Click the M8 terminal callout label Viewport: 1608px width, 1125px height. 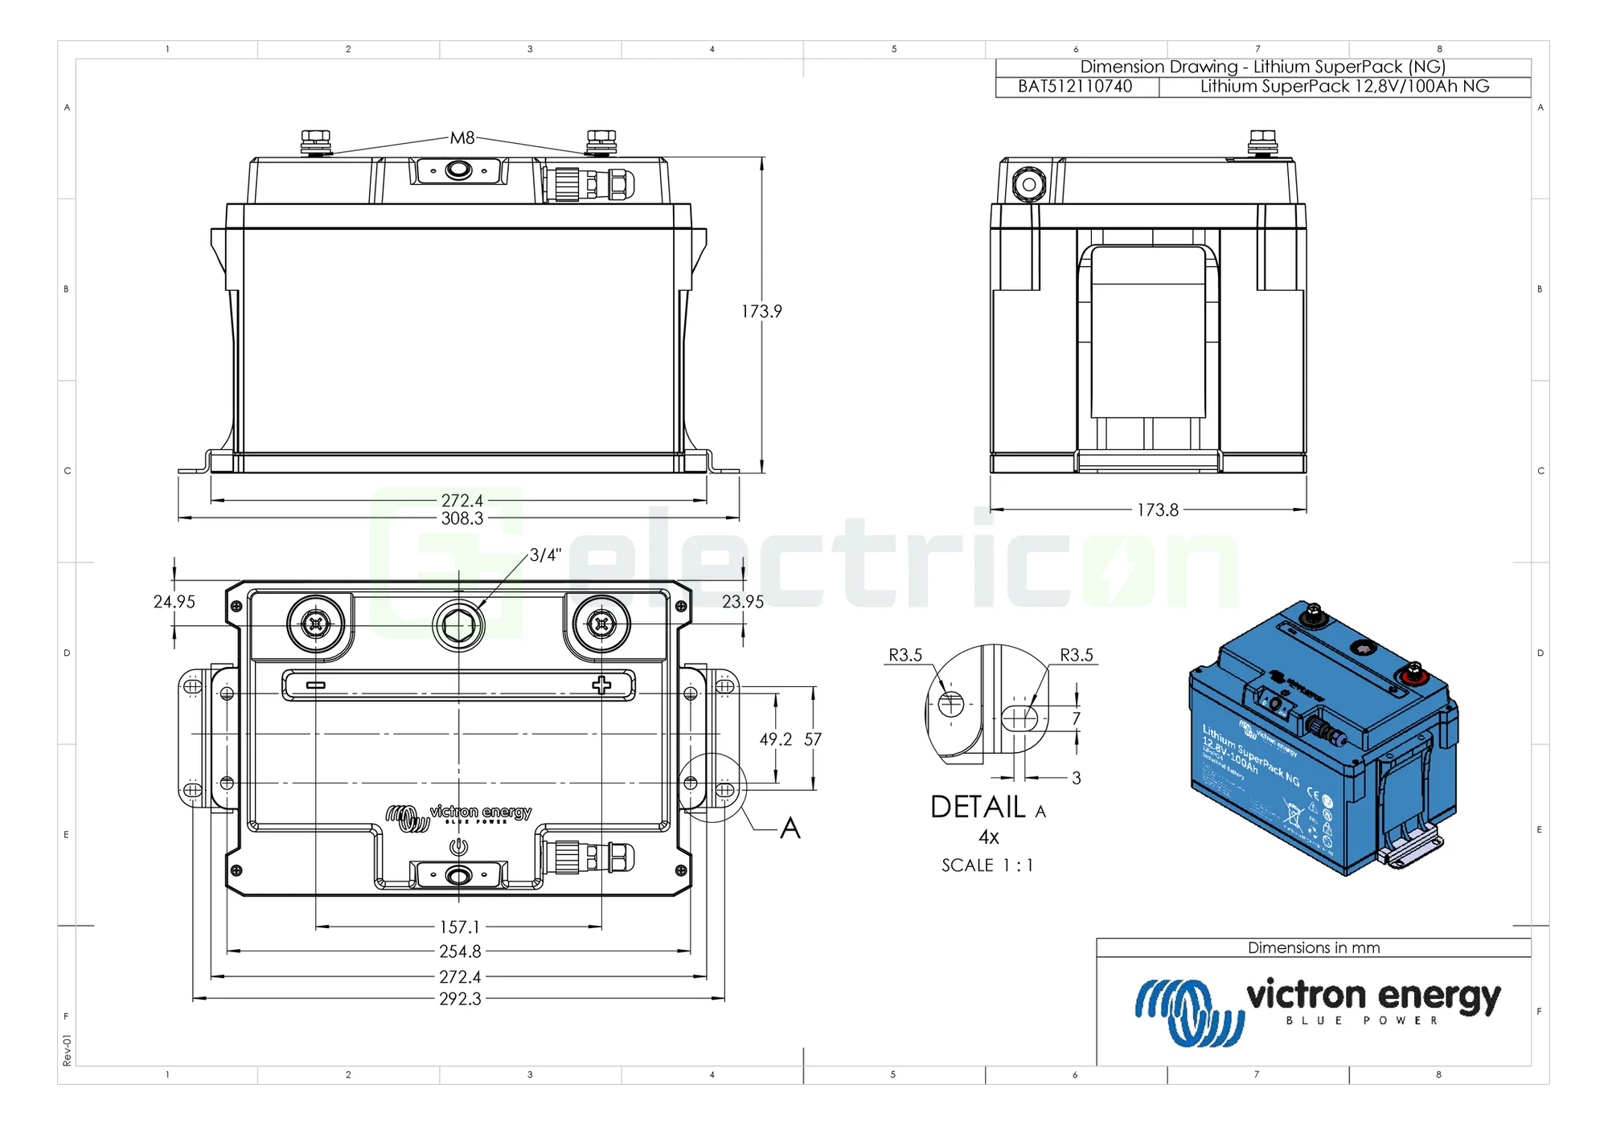pyautogui.click(x=462, y=138)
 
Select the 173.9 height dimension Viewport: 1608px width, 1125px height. pyautogui.click(x=761, y=312)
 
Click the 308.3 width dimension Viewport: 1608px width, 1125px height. pyautogui.click(x=462, y=519)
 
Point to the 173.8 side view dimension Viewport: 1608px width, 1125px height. pyautogui.click(x=1157, y=510)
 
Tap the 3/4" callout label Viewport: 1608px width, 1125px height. pyautogui.click(x=545, y=555)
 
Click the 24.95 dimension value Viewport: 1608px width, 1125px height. pyautogui.click(x=174, y=602)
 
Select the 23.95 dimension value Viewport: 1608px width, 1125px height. pyautogui.click(x=742, y=602)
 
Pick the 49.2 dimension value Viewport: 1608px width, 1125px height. pyautogui.click(x=775, y=739)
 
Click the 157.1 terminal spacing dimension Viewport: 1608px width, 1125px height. pyautogui.click(x=459, y=927)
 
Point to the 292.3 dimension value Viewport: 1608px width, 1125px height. pyautogui.click(x=460, y=999)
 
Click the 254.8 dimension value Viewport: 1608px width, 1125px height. pyautogui.click(x=460, y=951)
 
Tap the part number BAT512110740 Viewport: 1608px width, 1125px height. pyautogui.click(x=1075, y=87)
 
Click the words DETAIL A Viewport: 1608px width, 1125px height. pyautogui.click(x=987, y=808)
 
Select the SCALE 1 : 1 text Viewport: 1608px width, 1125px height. pyautogui.click(x=987, y=865)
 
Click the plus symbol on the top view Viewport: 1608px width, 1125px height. pyautogui.click(x=601, y=685)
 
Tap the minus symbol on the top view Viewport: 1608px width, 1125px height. pyautogui.click(x=316, y=685)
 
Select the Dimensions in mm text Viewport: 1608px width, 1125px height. pyautogui.click(x=1313, y=948)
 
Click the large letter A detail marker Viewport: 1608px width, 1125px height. pyautogui.click(x=790, y=828)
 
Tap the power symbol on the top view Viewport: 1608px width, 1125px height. pyautogui.click(x=458, y=846)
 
